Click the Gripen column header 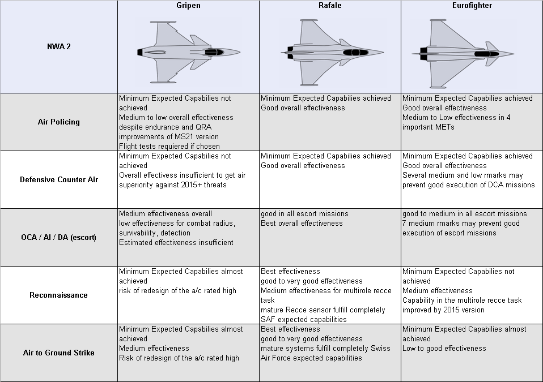(x=188, y=6)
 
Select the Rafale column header (x=330, y=6)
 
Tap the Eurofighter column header (x=472, y=6)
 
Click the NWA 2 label (x=59, y=47)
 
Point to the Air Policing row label (x=59, y=122)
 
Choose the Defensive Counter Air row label (x=59, y=179)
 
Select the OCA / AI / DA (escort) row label (x=59, y=237)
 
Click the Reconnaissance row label (x=59, y=295)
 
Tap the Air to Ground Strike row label (x=59, y=353)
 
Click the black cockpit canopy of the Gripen (x=214, y=52)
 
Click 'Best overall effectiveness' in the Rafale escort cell (x=302, y=223)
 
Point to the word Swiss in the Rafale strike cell (x=379, y=348)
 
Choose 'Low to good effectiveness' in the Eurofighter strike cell (x=444, y=348)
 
